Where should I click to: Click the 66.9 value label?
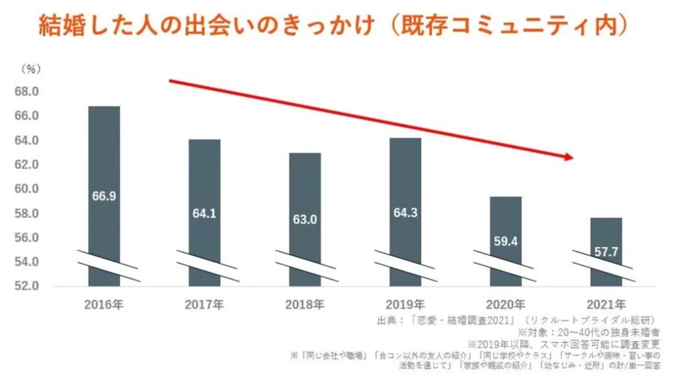point(104,196)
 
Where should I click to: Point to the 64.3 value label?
point(405,213)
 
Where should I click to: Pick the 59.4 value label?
point(506,241)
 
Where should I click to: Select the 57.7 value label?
point(606,253)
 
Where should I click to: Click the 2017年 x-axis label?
point(204,304)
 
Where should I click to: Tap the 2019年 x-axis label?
point(405,304)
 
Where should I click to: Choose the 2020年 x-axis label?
point(506,304)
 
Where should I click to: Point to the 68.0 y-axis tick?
point(26,91)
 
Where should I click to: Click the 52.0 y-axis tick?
point(26,286)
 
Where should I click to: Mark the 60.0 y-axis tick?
point(26,189)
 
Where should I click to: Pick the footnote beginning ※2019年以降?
point(564,344)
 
